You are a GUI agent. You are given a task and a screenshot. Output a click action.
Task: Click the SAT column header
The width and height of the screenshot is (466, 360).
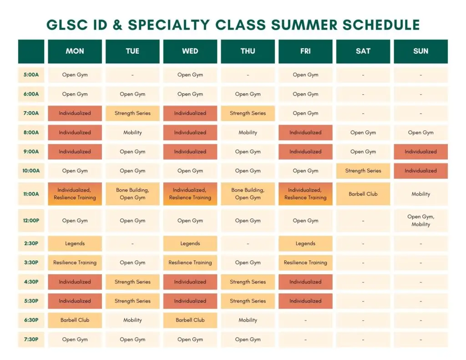[x=363, y=51]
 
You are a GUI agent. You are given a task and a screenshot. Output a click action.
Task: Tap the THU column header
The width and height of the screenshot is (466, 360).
[x=248, y=51]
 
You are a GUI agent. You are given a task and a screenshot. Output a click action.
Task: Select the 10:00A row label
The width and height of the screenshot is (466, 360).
[x=31, y=171]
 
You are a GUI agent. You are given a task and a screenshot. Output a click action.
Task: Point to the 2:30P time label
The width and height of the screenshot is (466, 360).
[x=31, y=243]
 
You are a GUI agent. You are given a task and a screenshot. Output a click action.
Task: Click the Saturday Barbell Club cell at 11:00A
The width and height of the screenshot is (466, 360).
[x=363, y=194]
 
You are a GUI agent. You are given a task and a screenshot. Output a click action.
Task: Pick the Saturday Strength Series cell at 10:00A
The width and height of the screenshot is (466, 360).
[x=363, y=171]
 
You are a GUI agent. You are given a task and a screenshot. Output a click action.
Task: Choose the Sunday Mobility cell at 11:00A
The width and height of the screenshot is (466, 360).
[x=420, y=194]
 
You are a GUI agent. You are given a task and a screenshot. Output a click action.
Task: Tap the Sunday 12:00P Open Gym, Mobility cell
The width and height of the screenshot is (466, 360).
[x=420, y=221]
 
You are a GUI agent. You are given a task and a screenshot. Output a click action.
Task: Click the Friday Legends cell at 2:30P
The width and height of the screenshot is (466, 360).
[x=305, y=243]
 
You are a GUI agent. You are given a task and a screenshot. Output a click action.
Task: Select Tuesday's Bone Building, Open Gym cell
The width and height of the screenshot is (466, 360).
[x=132, y=194]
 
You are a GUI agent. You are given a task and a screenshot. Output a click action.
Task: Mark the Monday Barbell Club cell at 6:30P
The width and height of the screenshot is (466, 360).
[x=75, y=320]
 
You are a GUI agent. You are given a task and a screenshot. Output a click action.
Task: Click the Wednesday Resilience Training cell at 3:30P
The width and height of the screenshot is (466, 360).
[x=190, y=263]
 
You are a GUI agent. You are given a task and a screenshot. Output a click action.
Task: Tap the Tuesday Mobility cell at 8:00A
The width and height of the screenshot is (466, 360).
[x=132, y=132]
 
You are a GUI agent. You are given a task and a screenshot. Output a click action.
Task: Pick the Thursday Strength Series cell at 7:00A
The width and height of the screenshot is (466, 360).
[x=248, y=113]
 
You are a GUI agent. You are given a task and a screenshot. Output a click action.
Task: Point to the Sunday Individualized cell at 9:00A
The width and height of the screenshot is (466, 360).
[x=420, y=152]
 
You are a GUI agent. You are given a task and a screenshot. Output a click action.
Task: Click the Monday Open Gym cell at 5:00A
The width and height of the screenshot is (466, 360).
[x=75, y=75]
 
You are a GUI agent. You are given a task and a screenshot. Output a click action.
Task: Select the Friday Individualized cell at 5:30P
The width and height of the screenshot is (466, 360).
[x=305, y=301]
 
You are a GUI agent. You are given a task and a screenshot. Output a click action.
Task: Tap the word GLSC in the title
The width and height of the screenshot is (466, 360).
[x=67, y=25]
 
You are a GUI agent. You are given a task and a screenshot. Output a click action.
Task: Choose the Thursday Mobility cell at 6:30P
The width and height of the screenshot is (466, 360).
[x=248, y=320]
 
